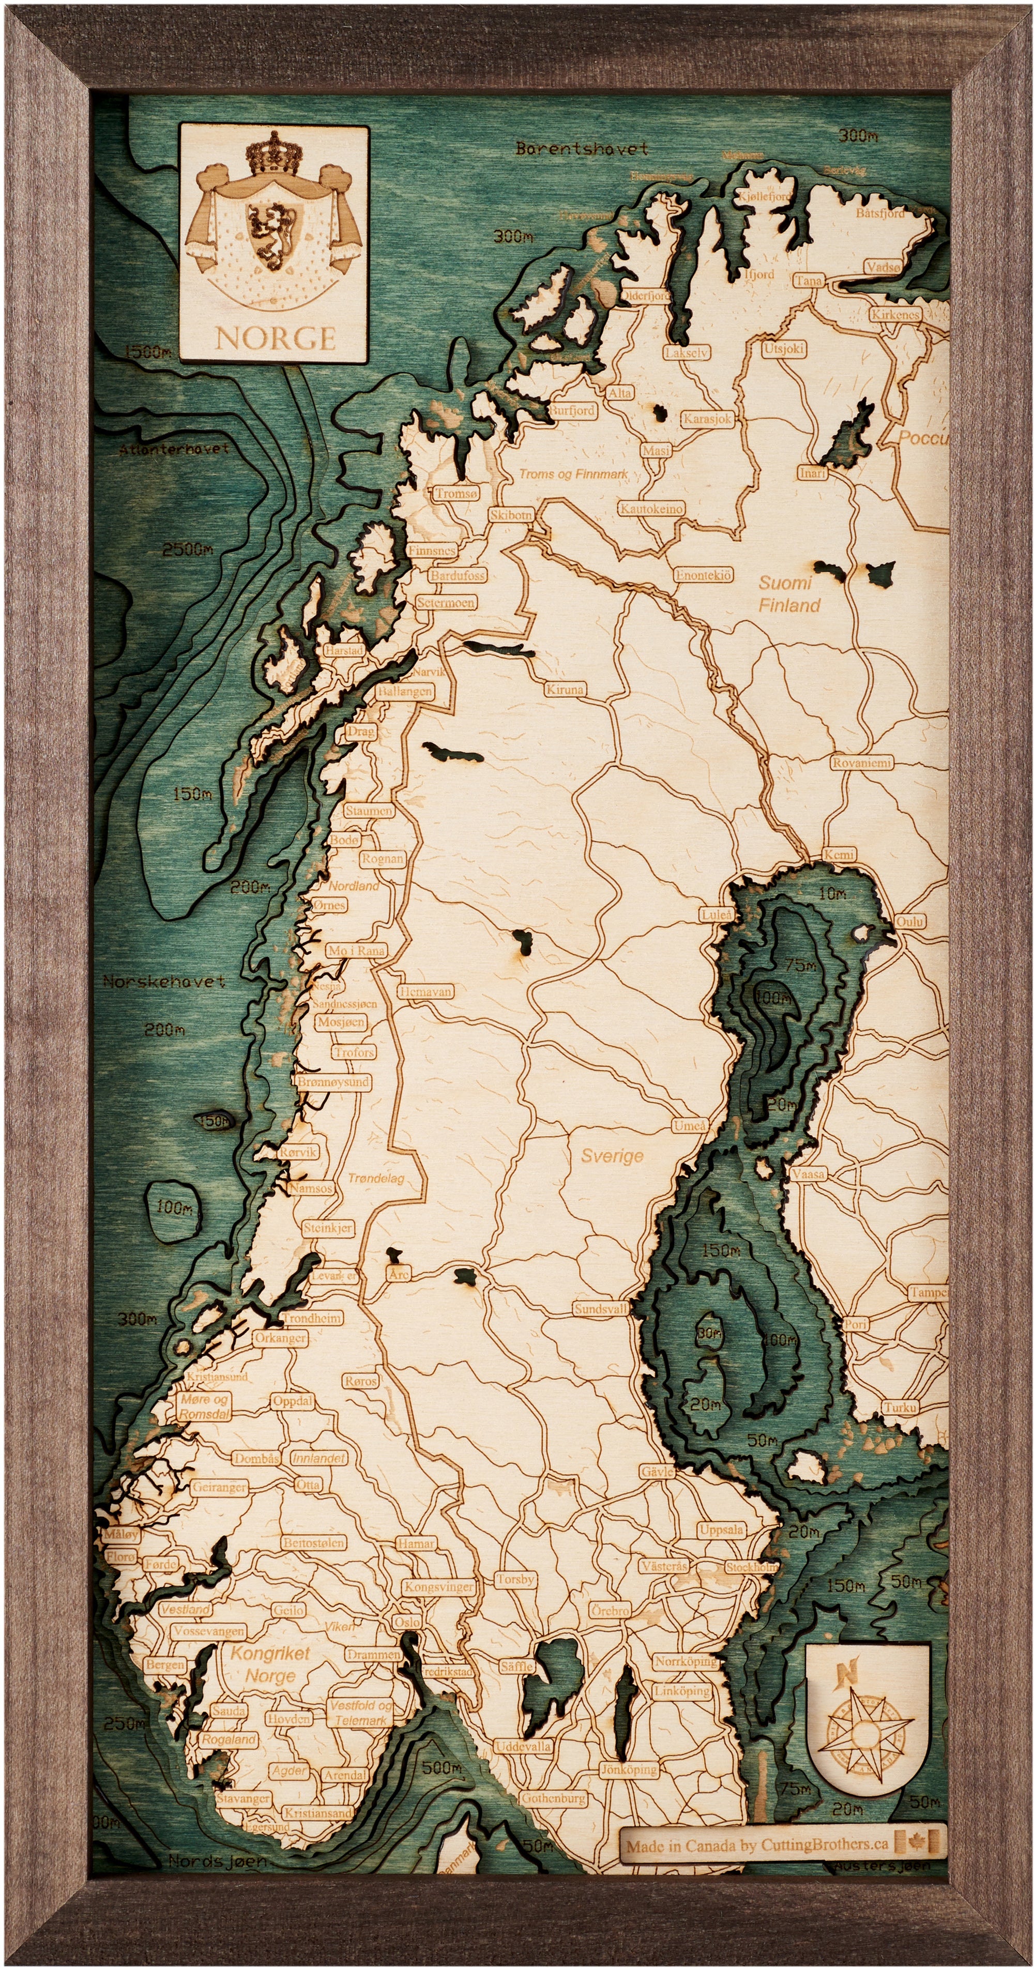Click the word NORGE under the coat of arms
275,338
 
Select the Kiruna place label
565,690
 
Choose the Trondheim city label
312,1318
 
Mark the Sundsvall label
601,1309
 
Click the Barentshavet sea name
582,148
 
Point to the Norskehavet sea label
164,982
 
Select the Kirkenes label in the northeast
894,314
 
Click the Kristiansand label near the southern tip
317,1813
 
